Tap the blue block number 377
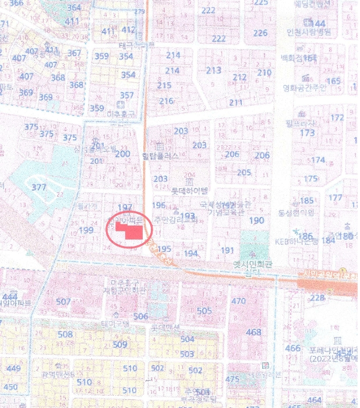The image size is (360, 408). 38,187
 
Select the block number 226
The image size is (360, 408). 260,33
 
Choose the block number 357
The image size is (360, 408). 126,95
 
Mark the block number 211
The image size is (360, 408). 235,103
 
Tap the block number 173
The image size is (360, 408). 307,133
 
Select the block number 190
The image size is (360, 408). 257,220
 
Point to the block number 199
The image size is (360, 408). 86,230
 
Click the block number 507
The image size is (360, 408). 63,301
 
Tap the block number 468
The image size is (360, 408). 253,332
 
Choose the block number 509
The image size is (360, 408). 119,344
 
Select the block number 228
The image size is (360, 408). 317,298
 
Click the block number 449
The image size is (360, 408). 13,368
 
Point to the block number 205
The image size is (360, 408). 244,173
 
